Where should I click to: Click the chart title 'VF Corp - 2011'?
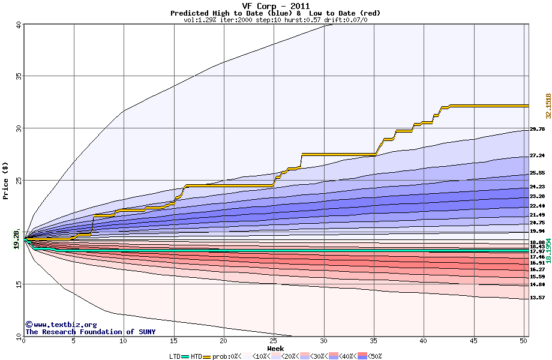pos(275,6)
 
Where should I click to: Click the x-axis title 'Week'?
pos(275,349)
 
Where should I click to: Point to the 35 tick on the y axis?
pos(18,76)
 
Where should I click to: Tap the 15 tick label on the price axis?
pos(18,285)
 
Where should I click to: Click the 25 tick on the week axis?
pos(274,341)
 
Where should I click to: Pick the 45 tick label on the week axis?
pos(474,341)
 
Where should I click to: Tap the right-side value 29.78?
pos(537,129)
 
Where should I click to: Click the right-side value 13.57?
pos(537,298)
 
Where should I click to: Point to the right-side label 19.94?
pos(537,231)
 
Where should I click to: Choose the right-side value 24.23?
pos(537,187)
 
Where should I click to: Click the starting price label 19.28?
pos(17,238)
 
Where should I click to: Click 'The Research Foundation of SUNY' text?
pos(90,332)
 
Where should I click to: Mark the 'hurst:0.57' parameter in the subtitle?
pos(303,20)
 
